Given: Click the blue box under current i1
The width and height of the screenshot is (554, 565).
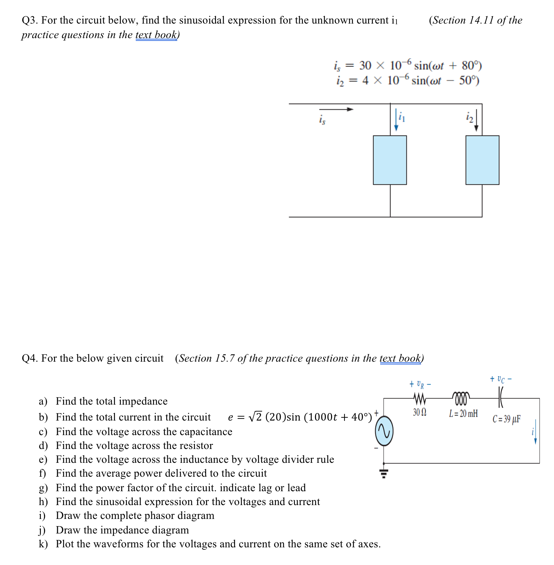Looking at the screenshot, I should (390, 160).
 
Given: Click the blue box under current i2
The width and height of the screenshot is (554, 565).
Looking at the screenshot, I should (482, 160).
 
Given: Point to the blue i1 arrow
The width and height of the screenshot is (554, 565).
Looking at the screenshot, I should (396, 120).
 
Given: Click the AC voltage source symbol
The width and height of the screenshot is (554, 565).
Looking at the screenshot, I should (384, 431).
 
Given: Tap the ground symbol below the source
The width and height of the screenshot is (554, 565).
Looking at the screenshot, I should (384, 473).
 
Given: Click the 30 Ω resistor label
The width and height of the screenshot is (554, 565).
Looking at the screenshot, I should (419, 412).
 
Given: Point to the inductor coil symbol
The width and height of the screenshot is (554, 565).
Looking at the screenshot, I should (461, 398).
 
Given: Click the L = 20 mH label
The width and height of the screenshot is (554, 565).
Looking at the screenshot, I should (463, 413).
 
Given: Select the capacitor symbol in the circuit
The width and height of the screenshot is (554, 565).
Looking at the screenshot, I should (500, 397).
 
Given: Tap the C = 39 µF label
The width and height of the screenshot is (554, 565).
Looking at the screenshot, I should (506, 419).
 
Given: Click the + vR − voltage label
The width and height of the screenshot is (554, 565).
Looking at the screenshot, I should (420, 384).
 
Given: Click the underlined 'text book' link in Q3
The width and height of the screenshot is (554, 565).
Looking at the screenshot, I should (156, 35).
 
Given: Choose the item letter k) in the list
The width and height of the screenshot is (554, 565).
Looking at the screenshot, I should (43, 544).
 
